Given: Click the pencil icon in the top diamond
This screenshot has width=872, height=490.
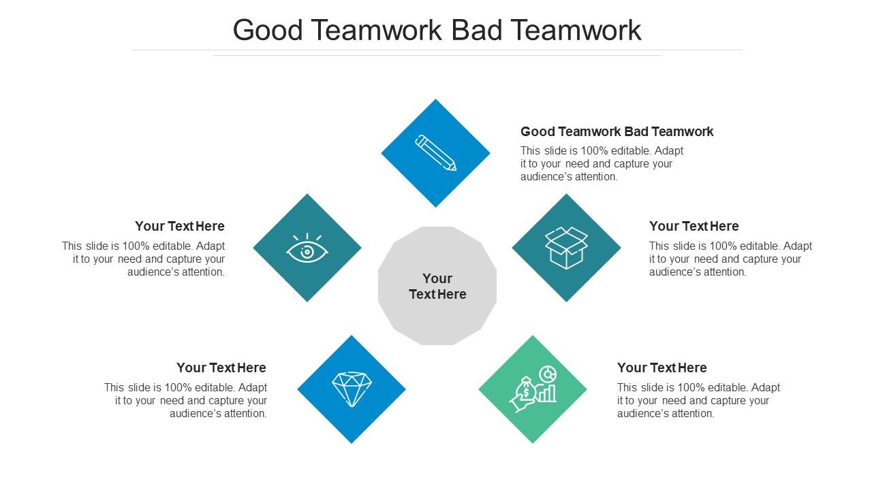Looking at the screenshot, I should pyautogui.click(x=435, y=152).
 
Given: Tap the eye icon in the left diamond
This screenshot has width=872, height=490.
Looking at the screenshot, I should pyautogui.click(x=307, y=248).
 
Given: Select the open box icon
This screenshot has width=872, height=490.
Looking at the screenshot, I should pyautogui.click(x=566, y=248).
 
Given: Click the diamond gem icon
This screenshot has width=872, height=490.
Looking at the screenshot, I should pyautogui.click(x=351, y=389).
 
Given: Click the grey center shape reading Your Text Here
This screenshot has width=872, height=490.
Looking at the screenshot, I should pyautogui.click(x=437, y=286).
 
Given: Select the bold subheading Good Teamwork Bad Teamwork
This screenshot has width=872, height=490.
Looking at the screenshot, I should pyautogui.click(x=617, y=131).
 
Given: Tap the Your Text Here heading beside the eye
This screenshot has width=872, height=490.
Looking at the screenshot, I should pyautogui.click(x=180, y=226).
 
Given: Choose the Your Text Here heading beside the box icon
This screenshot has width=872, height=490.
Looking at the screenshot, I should pyautogui.click(x=694, y=226).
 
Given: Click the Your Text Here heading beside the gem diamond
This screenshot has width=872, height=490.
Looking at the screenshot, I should pyautogui.click(x=221, y=367).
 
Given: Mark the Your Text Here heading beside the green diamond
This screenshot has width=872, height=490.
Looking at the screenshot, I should pyautogui.click(x=661, y=367).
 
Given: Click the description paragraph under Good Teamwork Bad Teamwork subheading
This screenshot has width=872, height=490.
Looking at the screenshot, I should pyautogui.click(x=602, y=163).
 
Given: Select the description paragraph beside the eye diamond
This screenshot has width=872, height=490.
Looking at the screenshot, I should pyautogui.click(x=144, y=259).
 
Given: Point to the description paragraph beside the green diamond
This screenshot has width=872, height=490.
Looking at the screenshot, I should pyautogui.click(x=698, y=400).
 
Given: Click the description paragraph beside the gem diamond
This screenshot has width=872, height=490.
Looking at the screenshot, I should pyautogui.click(x=186, y=400).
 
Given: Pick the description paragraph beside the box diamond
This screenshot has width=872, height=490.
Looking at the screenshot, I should pyautogui.click(x=730, y=259).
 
